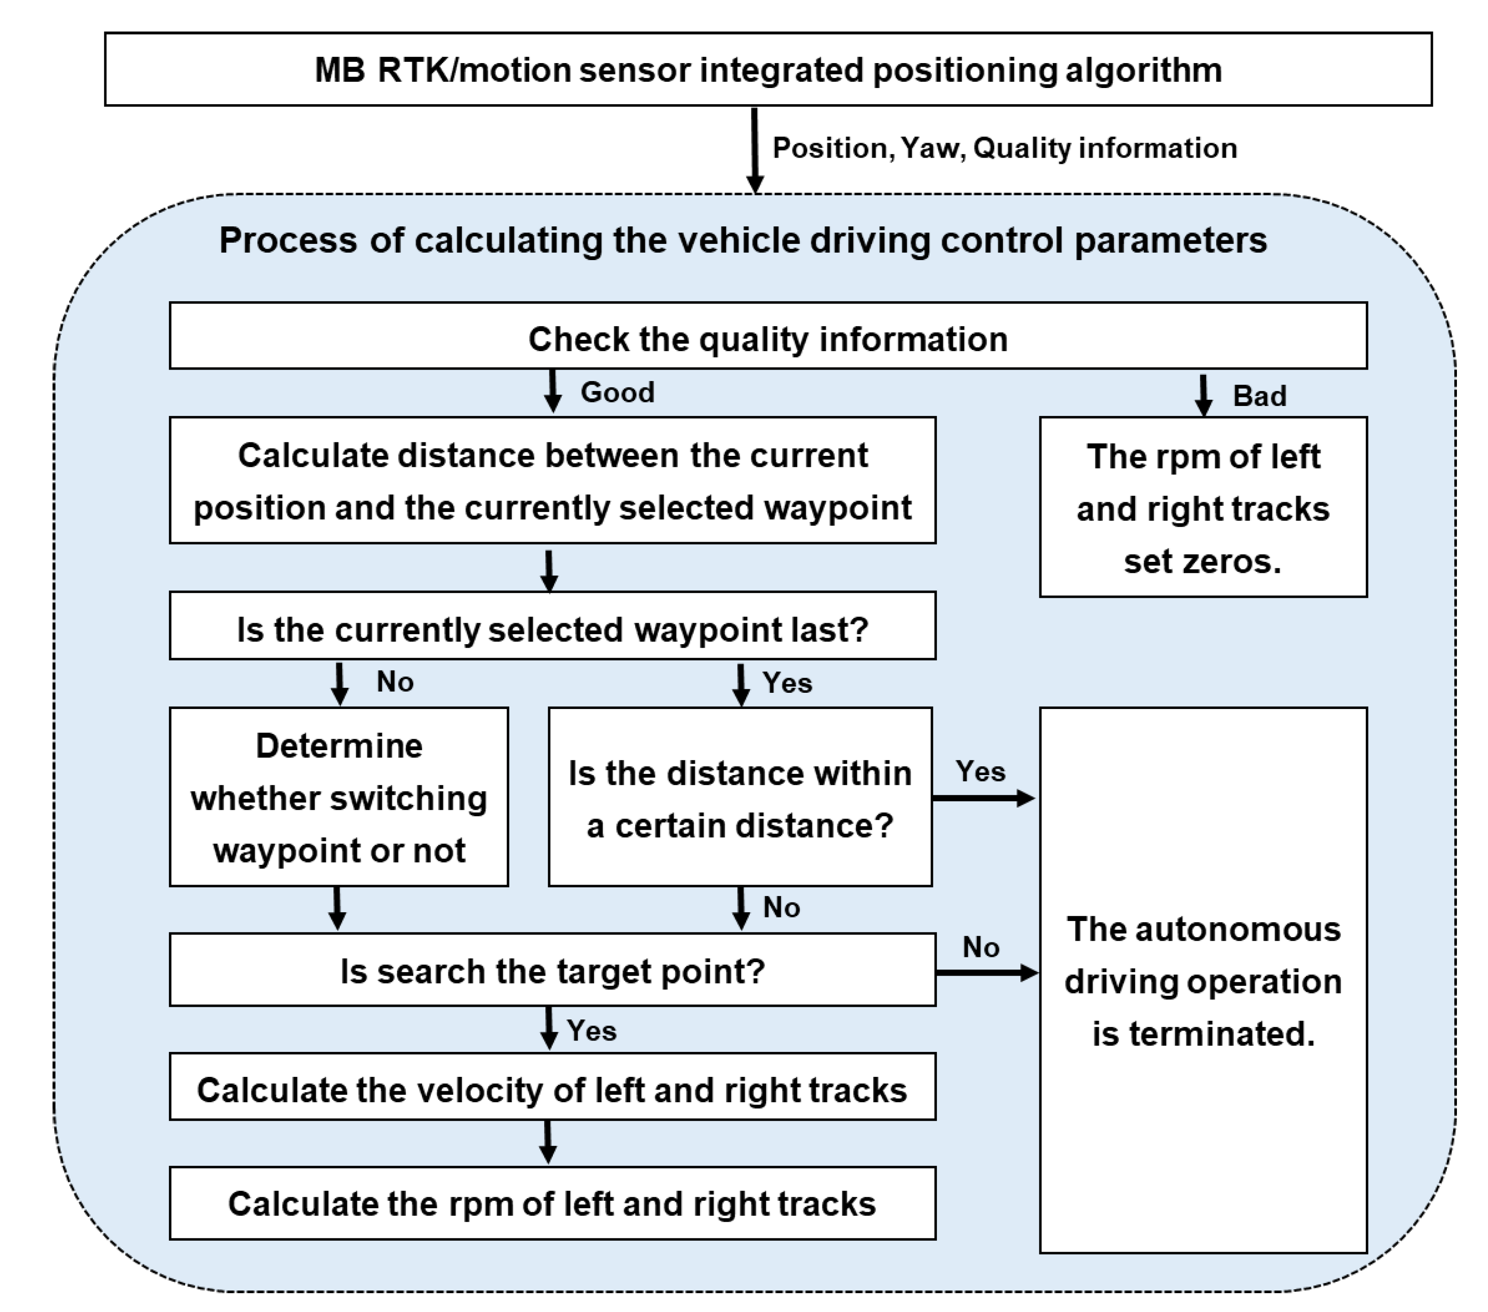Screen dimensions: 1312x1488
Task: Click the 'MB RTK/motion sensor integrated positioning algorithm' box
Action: click(x=768, y=70)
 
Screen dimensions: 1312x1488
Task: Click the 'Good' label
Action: click(x=617, y=392)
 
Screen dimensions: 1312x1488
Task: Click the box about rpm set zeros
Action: click(x=1203, y=508)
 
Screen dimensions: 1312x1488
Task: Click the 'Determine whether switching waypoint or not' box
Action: click(x=338, y=797)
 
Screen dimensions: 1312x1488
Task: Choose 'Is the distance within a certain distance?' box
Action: click(x=740, y=798)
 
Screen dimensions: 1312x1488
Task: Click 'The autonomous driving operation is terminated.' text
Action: click(x=1203, y=981)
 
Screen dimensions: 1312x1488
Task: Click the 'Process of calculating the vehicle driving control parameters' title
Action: click(x=742, y=240)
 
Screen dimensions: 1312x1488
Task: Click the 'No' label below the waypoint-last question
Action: click(x=394, y=682)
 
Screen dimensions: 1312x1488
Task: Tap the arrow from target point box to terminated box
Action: click(x=986, y=973)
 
